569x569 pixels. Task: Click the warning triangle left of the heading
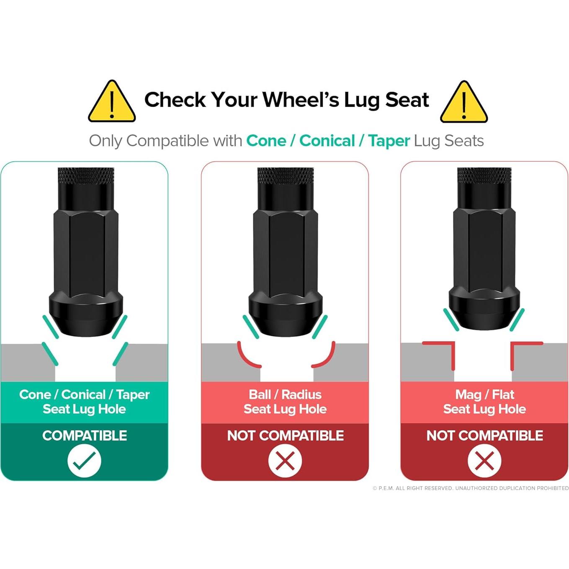[112, 102]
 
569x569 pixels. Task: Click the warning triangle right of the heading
[463, 102]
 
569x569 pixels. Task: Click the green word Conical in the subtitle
[327, 141]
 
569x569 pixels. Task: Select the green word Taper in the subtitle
[389, 141]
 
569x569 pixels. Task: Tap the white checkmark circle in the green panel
[84, 460]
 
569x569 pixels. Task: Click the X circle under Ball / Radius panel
[285, 460]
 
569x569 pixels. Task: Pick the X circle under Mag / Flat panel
[484, 460]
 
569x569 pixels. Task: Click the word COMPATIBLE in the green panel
[85, 435]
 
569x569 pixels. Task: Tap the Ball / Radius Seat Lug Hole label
[285, 402]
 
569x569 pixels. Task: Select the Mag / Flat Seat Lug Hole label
[484, 402]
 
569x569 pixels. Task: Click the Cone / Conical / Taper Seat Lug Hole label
[85, 402]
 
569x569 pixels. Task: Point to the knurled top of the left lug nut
[86, 176]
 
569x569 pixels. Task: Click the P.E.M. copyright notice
[471, 488]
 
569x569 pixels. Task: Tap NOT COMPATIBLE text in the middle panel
[285, 435]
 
